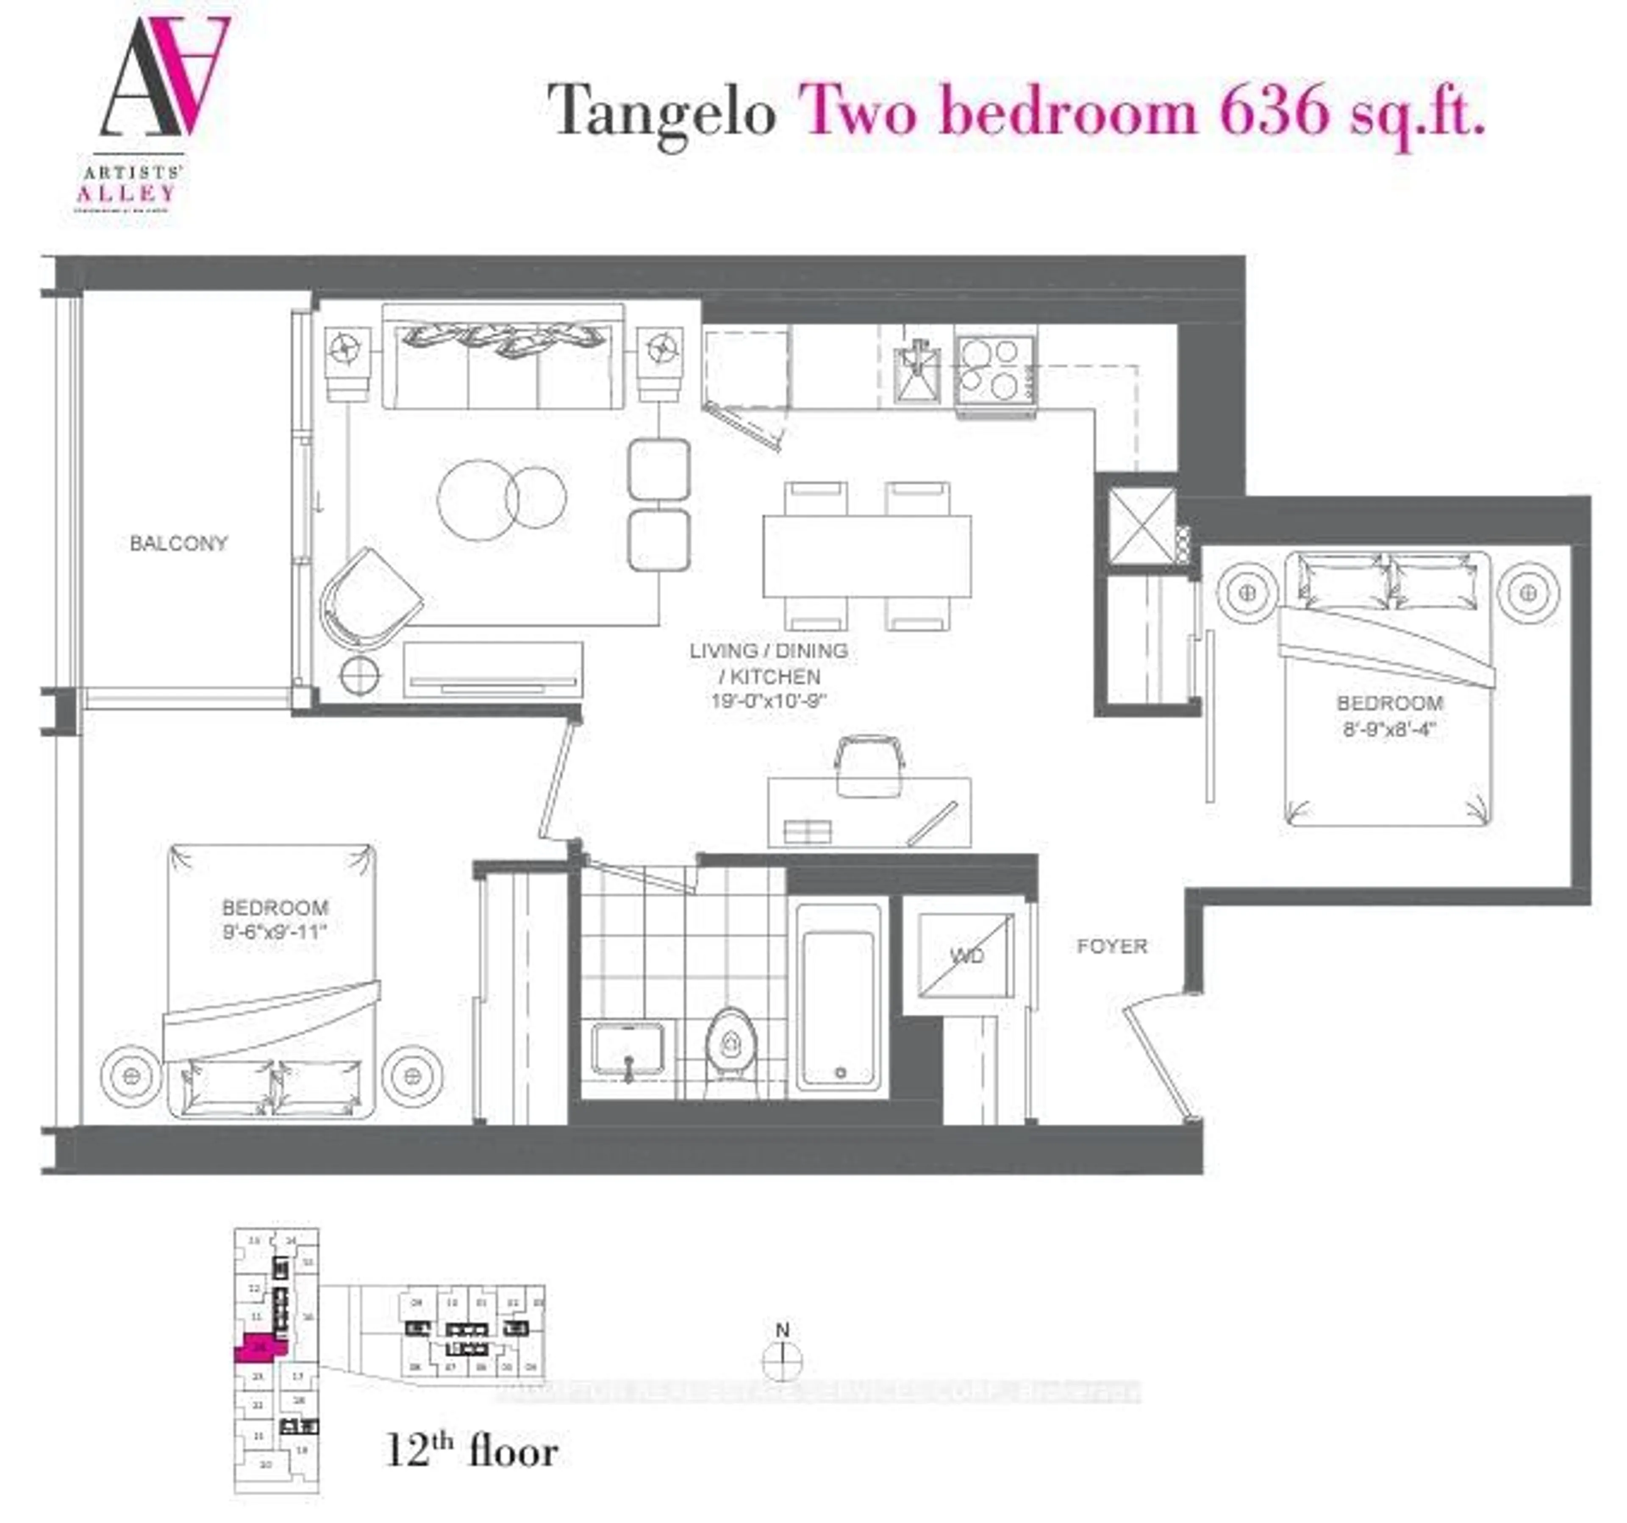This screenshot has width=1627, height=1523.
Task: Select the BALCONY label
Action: pyautogui.click(x=178, y=543)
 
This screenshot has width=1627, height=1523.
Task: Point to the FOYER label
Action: pyautogui.click(x=1111, y=947)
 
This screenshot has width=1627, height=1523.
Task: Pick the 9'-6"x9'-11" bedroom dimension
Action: pyautogui.click(x=275, y=931)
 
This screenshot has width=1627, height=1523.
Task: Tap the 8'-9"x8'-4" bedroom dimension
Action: pyautogui.click(x=1389, y=728)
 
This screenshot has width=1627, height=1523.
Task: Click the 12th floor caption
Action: pyautogui.click(x=472, y=1452)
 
